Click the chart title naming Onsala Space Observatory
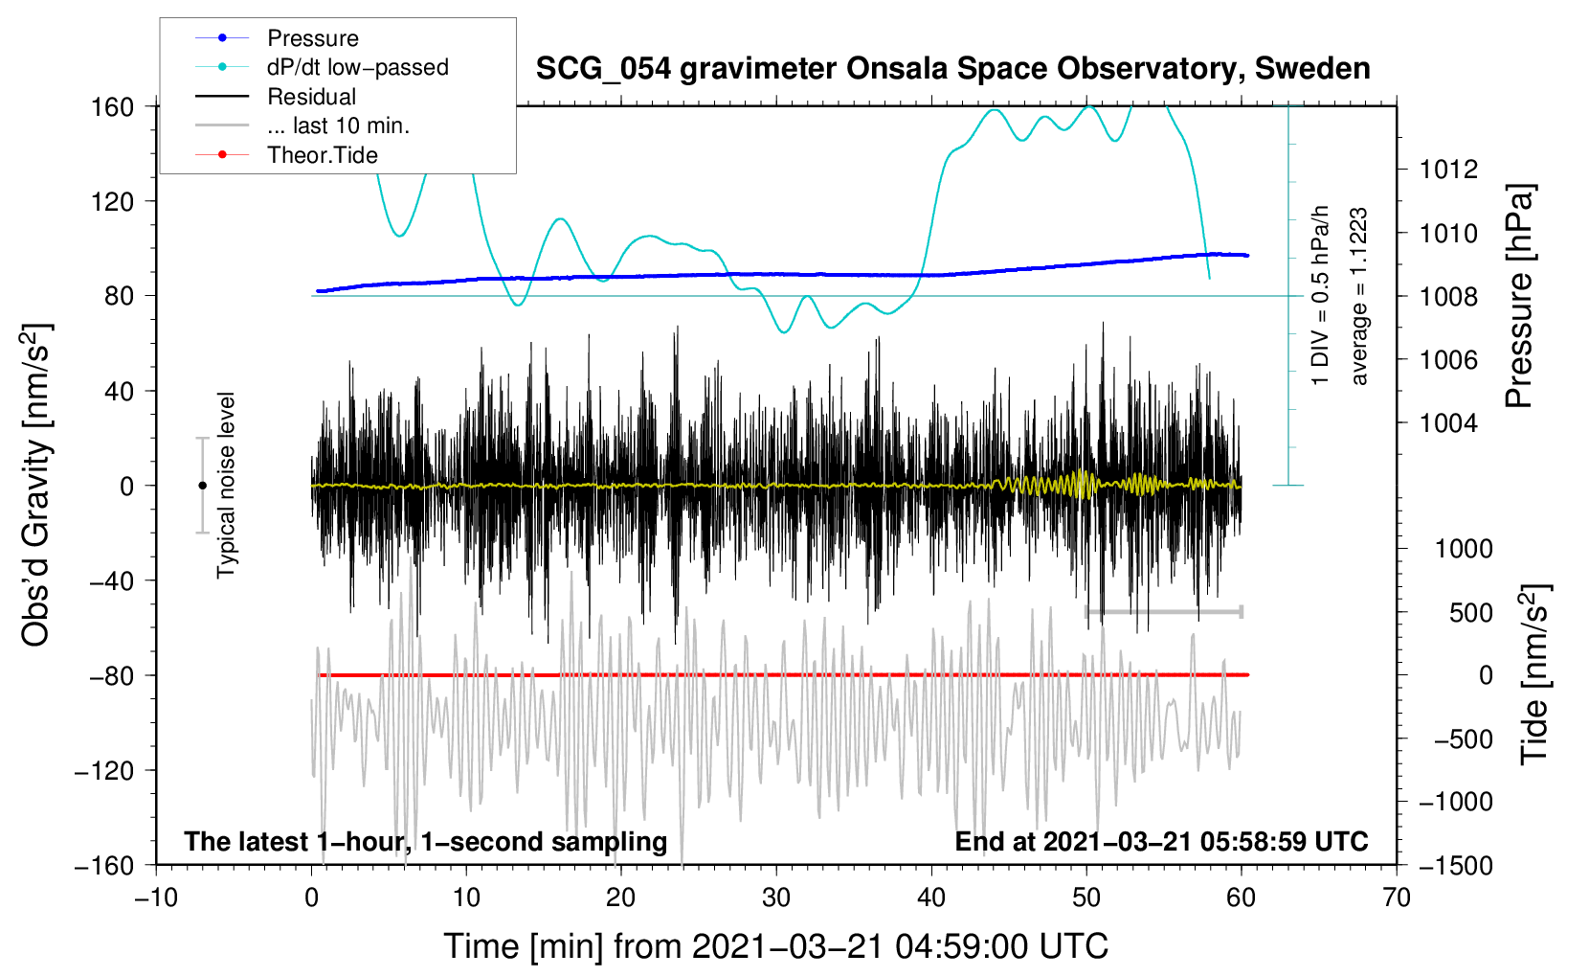pyautogui.click(x=952, y=69)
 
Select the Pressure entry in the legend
pyautogui.click(x=313, y=38)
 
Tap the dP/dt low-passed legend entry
pyautogui.click(x=357, y=67)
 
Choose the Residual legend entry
pyautogui.click(x=311, y=97)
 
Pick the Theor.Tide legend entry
pyautogui.click(x=322, y=155)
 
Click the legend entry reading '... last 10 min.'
pyautogui.click(x=338, y=125)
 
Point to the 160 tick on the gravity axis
pyautogui.click(x=113, y=106)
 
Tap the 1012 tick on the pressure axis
pyautogui.click(x=1448, y=170)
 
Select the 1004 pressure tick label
pyautogui.click(x=1448, y=423)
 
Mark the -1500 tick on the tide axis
pyautogui.click(x=1455, y=865)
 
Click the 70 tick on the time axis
pyautogui.click(x=1397, y=897)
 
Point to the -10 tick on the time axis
pyautogui.click(x=156, y=897)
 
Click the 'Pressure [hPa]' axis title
pyautogui.click(x=1519, y=296)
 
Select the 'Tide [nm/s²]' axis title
pyautogui.click(x=1534, y=675)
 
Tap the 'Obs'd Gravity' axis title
pyautogui.click(x=35, y=485)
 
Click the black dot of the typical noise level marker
pyautogui.click(x=202, y=486)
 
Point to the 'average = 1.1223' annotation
pyautogui.click(x=1359, y=296)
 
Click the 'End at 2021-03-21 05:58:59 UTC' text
pyautogui.click(x=1161, y=842)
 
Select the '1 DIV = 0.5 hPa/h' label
pyautogui.click(x=1321, y=295)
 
